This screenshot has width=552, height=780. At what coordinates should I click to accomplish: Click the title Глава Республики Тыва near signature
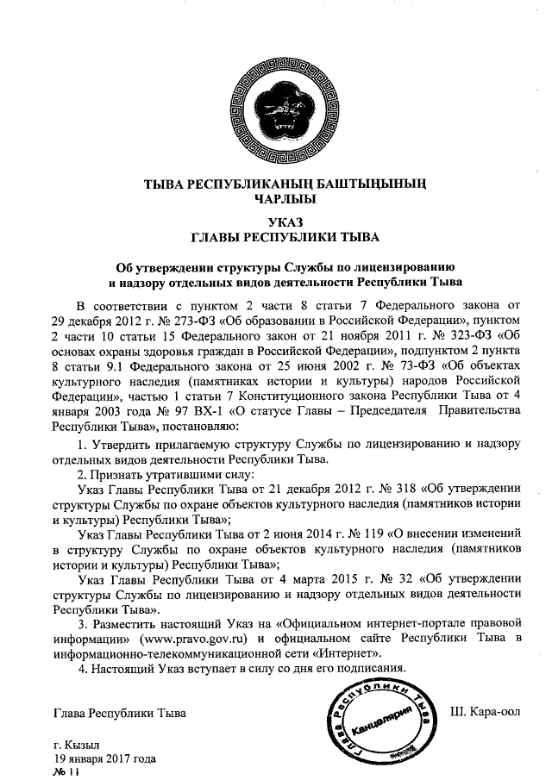click(119, 713)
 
